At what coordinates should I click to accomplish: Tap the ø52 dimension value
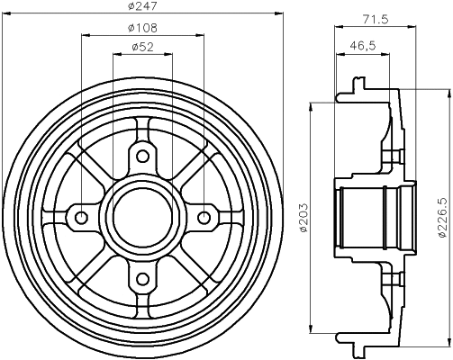click(x=140, y=48)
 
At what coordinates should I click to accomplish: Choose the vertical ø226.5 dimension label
click(x=442, y=216)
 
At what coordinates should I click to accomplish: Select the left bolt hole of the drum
click(x=81, y=217)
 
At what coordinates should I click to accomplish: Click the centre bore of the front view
click(x=142, y=217)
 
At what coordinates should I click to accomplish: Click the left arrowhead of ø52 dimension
click(x=114, y=54)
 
